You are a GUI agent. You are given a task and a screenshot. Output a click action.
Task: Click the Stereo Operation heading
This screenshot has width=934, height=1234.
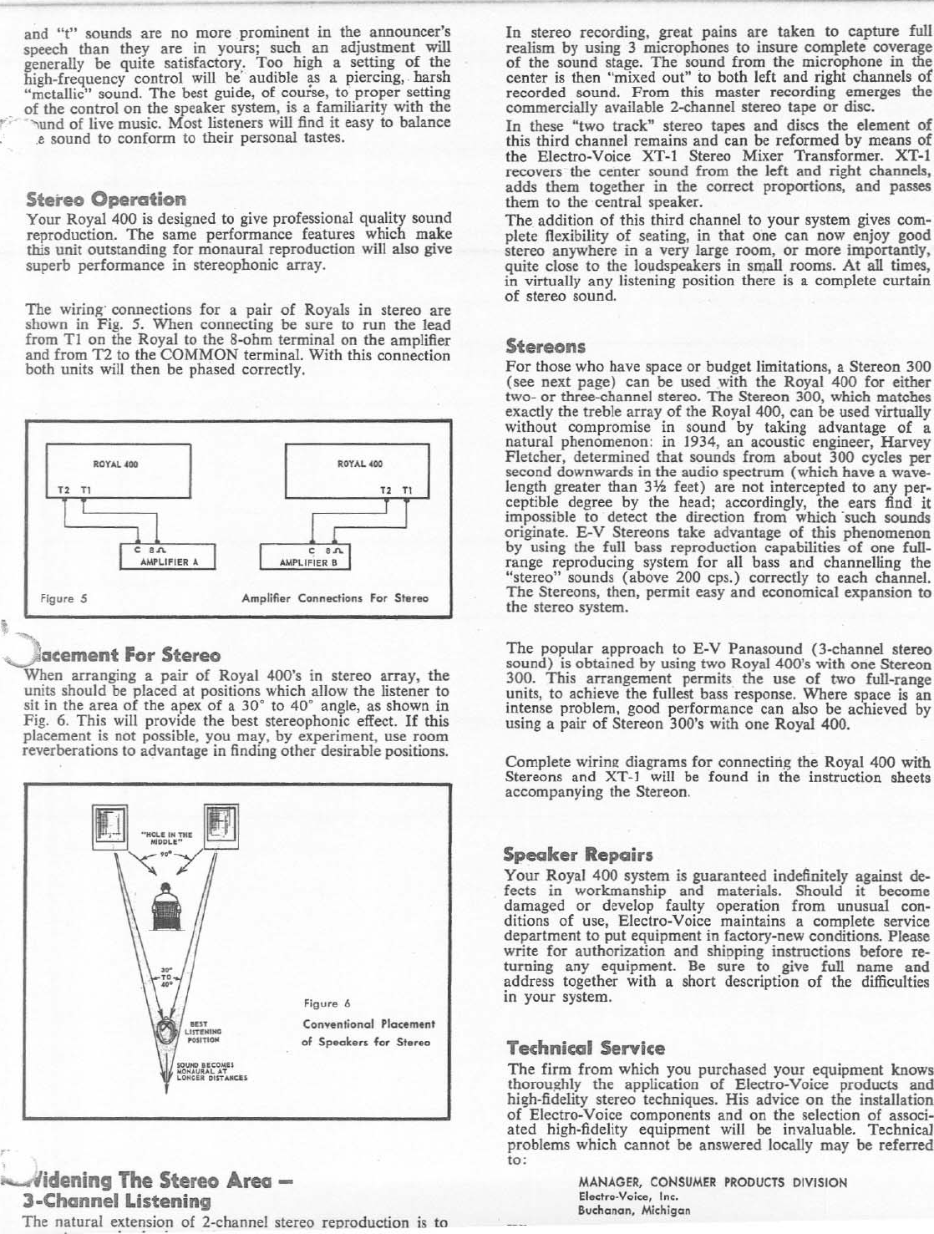click(106, 200)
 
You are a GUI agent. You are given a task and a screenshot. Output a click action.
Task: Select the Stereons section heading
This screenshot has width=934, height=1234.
click(546, 346)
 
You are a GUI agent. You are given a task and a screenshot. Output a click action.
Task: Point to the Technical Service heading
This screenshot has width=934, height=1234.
click(586, 1048)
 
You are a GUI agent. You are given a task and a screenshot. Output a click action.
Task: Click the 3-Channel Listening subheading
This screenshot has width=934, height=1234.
click(115, 1201)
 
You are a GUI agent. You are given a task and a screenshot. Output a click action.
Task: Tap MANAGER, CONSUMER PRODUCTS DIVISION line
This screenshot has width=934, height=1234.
click(713, 1182)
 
